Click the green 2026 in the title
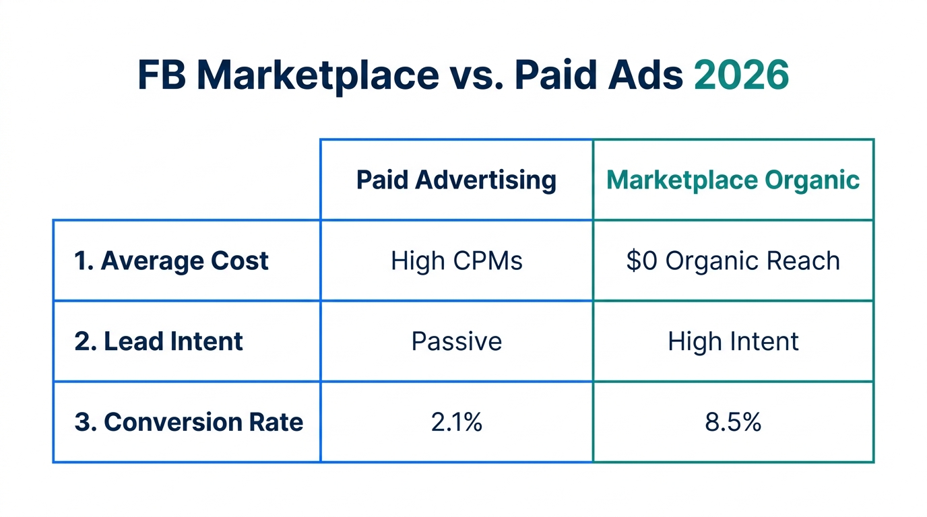(741, 75)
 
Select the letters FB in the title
(162, 75)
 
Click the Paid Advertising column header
(456, 180)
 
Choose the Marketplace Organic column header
(733, 180)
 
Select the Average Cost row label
(171, 261)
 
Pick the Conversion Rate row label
(189, 422)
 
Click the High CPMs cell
(456, 261)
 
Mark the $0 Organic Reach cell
(733, 261)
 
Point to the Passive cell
(456, 341)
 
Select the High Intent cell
(733, 341)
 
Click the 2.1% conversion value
(456, 422)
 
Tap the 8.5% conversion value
(733, 422)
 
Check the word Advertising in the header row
(486, 180)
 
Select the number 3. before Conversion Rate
(84, 422)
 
